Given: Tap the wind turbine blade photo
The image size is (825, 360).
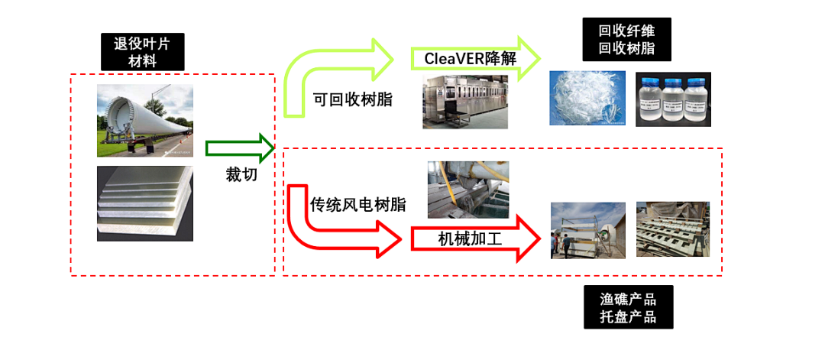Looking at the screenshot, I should point(145,121).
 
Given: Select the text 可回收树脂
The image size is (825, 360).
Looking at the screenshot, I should point(353,99).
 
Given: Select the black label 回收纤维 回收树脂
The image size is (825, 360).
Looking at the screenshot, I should point(626,40).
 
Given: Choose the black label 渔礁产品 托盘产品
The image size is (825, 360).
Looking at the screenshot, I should point(629,306).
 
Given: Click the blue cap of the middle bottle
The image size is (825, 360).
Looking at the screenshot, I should point(673,80).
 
